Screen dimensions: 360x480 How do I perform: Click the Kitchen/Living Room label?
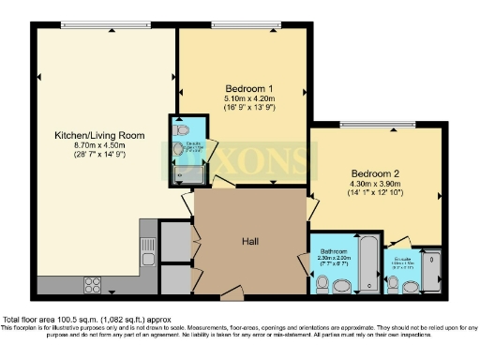click(99, 135)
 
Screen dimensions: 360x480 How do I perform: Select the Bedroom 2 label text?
click(376, 173)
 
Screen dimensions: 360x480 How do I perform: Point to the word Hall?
click(248, 239)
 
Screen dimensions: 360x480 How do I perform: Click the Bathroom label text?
click(333, 252)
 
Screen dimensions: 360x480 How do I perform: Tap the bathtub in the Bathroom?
click(367, 263)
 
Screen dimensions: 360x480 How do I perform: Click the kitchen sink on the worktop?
click(147, 250)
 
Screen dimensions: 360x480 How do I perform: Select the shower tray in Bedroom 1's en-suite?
click(182, 172)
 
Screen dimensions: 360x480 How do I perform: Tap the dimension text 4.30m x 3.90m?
click(376, 184)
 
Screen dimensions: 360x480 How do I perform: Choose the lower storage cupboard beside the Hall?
click(174, 278)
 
